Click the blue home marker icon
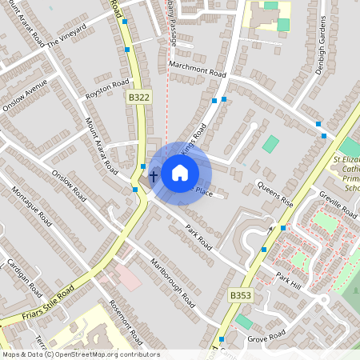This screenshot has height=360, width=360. [x=180, y=172]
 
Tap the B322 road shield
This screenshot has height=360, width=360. [x=138, y=97]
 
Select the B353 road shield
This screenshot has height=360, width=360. [x=238, y=294]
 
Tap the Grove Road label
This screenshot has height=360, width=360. [x=266, y=334]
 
